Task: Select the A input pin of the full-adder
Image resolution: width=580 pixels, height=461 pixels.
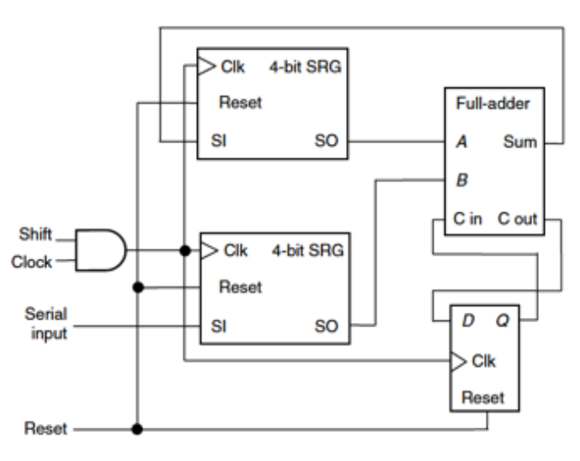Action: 462,142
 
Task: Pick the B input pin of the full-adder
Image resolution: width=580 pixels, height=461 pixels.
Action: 462,181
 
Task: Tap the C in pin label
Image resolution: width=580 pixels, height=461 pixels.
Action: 469,220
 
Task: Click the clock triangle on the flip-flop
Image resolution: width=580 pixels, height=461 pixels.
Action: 458,360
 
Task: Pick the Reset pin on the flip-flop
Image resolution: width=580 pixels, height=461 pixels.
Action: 482,398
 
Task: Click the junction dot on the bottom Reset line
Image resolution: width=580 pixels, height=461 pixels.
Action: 137,428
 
